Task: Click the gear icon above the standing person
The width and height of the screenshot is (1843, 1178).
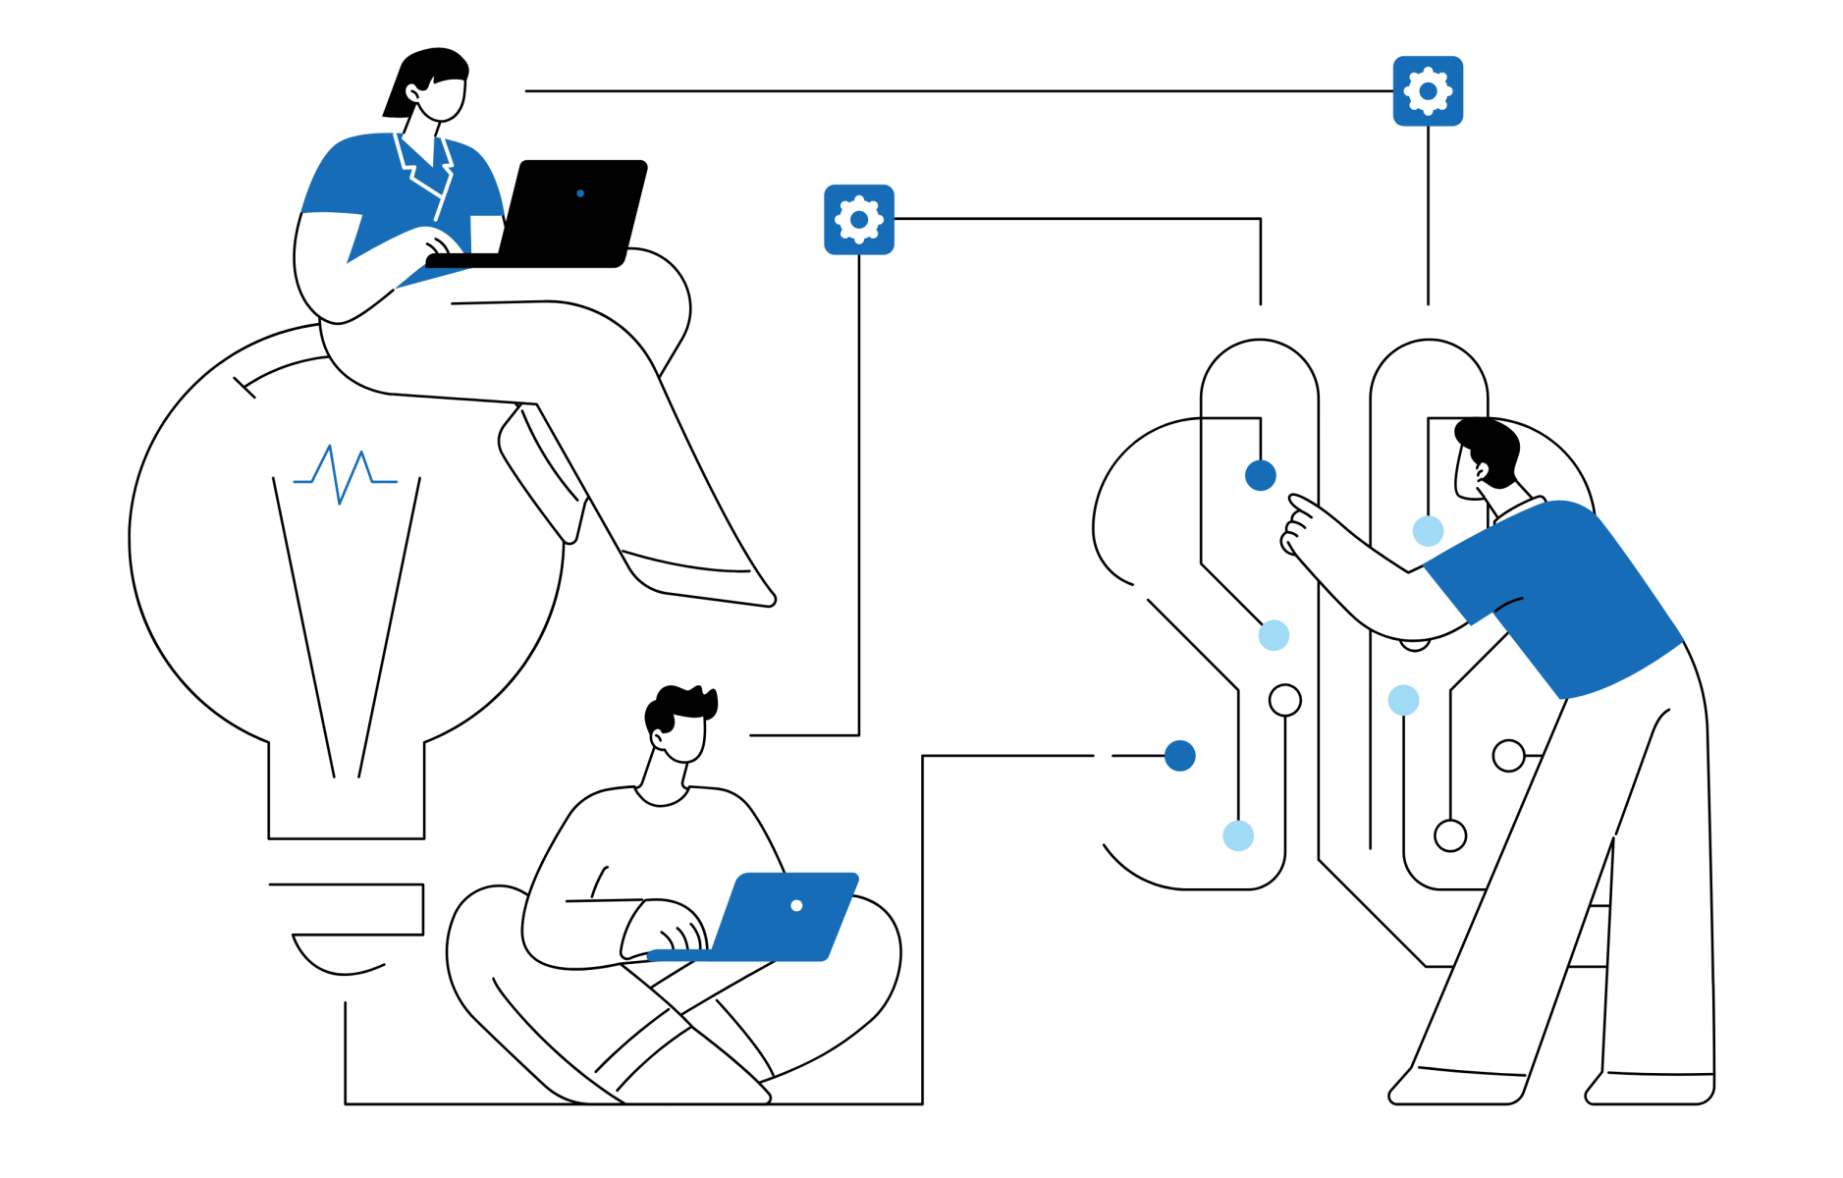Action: [1428, 91]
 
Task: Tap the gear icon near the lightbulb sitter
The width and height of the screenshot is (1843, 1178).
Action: [859, 219]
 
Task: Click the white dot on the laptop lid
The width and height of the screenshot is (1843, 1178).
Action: [796, 905]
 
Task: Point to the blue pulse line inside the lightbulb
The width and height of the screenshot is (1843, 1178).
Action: [344, 475]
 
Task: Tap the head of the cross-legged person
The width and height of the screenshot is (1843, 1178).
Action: [683, 737]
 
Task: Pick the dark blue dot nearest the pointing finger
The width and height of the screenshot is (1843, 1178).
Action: [1261, 475]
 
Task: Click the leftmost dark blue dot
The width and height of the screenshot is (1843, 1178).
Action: [1180, 756]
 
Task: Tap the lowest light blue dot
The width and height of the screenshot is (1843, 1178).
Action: [1238, 835]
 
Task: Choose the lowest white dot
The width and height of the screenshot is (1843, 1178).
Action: [1450, 835]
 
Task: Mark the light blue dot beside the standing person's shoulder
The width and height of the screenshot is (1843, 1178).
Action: [1428, 531]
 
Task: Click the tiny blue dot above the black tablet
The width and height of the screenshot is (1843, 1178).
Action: [580, 193]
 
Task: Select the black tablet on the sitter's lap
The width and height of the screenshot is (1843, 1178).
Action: [520, 260]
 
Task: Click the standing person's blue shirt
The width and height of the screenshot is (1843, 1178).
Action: [1561, 599]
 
